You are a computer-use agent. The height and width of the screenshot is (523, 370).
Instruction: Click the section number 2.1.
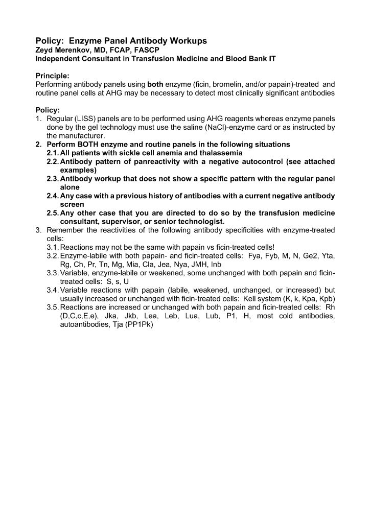click(53, 153)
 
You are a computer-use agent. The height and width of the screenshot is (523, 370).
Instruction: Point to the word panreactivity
click(156, 161)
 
